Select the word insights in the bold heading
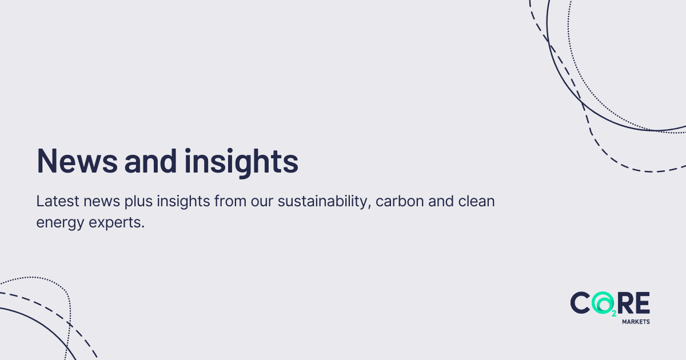(x=241, y=161)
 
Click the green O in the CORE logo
(x=603, y=302)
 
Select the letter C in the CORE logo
(x=581, y=302)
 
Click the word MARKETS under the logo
(x=635, y=322)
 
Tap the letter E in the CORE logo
(x=643, y=302)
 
